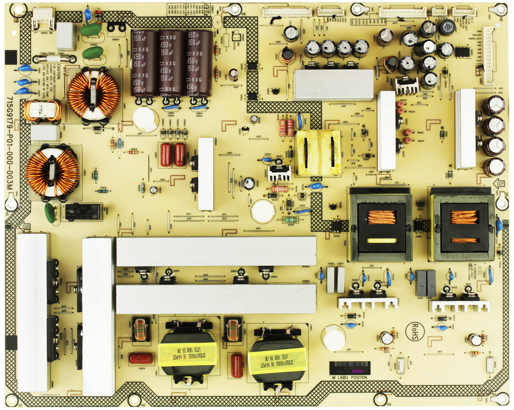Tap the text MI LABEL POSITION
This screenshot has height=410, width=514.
click(349, 377)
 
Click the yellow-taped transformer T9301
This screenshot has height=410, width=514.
click(318, 152)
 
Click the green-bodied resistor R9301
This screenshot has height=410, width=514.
click(290, 219)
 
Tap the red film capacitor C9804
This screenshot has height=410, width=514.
click(141, 359)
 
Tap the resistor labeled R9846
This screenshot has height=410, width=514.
click(133, 153)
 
